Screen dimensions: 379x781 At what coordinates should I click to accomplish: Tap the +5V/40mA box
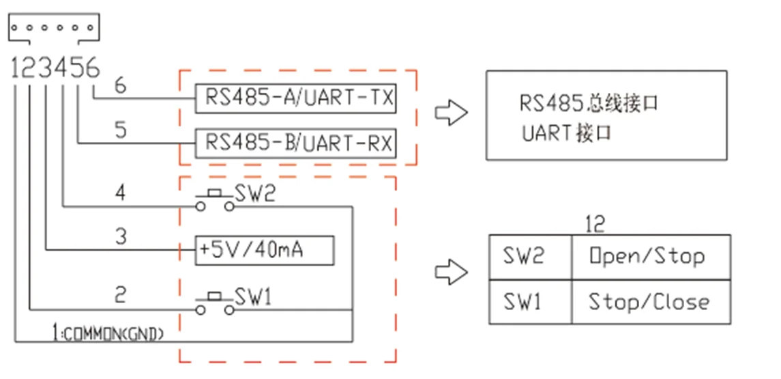[x=265, y=251]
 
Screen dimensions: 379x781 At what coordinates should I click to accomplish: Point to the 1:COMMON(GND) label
[x=108, y=333]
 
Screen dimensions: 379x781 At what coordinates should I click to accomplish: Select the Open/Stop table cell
[x=650, y=257]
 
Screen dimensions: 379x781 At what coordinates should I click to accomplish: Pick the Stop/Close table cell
[x=650, y=302]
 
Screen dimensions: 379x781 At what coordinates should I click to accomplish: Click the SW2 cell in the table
[x=530, y=257]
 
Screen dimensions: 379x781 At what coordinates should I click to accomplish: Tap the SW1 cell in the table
[x=530, y=302]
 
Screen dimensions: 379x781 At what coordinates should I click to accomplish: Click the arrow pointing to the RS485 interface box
[x=452, y=113]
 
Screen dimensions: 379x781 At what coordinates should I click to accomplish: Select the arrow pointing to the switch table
[x=452, y=273]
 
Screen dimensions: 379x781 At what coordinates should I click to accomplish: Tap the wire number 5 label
[x=120, y=130]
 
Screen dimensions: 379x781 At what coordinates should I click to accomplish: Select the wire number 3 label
[x=120, y=236]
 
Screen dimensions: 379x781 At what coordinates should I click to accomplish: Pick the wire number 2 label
[x=120, y=295]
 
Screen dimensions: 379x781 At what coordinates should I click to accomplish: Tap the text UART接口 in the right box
[x=566, y=132]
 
